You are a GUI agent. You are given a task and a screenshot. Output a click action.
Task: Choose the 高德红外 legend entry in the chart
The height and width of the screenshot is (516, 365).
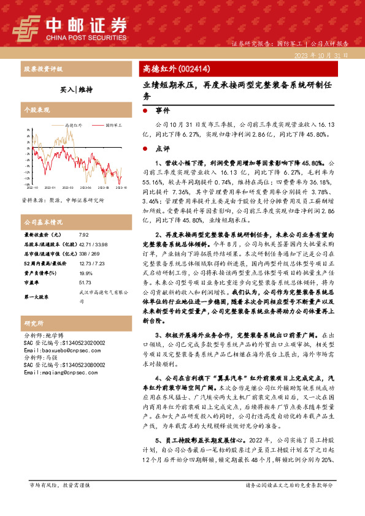[74, 124]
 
